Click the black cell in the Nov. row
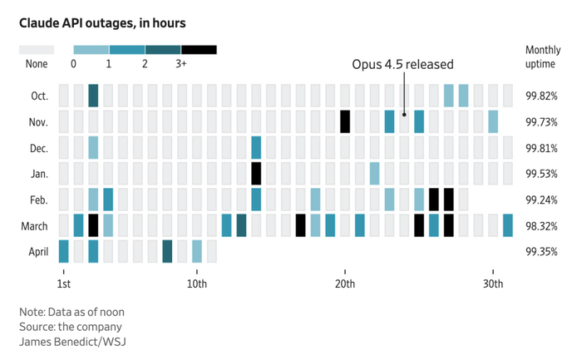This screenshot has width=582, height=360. click(345, 121)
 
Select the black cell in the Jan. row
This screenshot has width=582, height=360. click(256, 174)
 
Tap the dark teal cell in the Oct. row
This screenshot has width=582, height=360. click(93, 96)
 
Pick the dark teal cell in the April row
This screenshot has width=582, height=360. click(167, 251)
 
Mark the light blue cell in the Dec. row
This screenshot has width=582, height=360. click(93, 148)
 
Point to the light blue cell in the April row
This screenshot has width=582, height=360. click(197, 251)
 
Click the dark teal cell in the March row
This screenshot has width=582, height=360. click(241, 225)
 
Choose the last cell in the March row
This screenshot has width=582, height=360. click(508, 225)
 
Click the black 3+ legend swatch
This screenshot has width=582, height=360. click(199, 50)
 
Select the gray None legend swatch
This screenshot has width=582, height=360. click(37, 50)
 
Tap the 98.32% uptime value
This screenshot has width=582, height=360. click(541, 226)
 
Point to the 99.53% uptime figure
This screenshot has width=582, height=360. click(541, 174)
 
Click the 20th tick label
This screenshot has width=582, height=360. click(345, 284)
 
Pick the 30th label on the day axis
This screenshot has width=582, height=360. click(493, 284)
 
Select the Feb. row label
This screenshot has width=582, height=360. click(39, 200)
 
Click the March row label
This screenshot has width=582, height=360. click(35, 226)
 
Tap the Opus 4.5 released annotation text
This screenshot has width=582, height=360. click(402, 64)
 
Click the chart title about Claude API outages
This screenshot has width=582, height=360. click(102, 23)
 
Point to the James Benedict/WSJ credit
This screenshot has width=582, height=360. click(73, 342)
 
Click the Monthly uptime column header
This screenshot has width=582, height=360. click(543, 57)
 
